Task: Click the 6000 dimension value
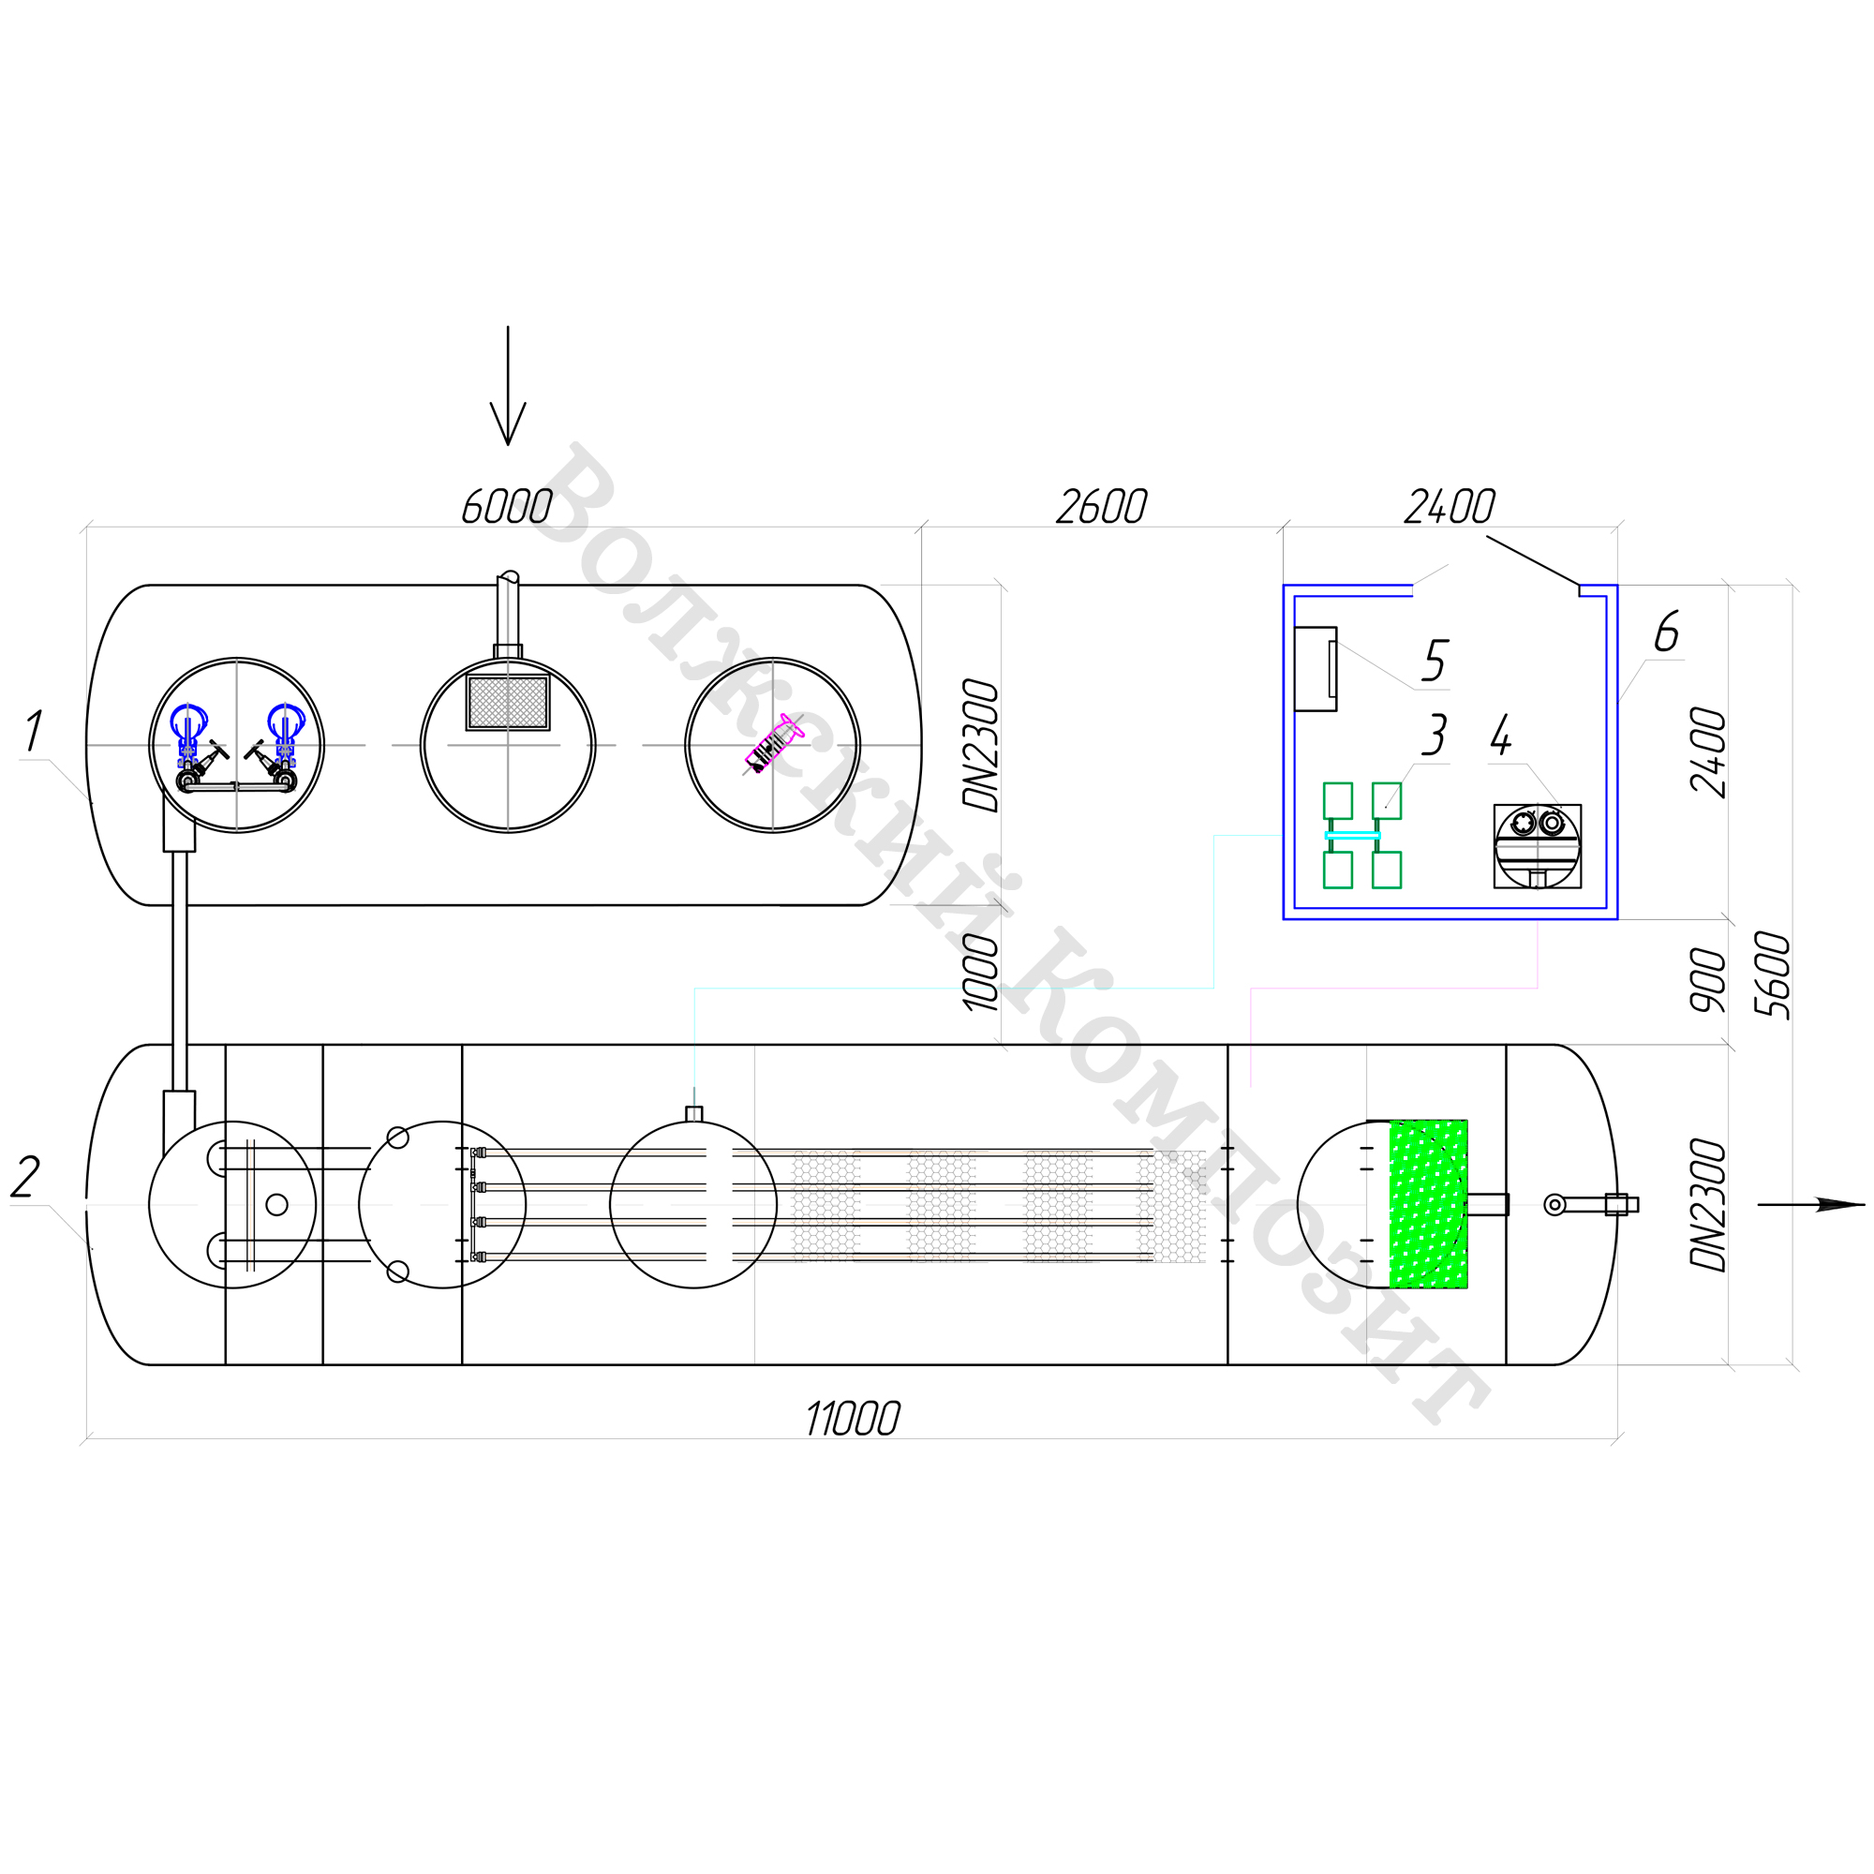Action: click(x=506, y=506)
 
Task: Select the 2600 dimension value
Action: click(x=1101, y=506)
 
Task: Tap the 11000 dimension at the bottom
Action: click(x=853, y=1419)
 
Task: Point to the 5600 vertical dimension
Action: click(x=1773, y=974)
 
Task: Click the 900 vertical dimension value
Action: click(x=1709, y=980)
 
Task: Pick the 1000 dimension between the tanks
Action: click(x=982, y=972)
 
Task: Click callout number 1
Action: click(x=34, y=731)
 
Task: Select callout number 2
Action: click(x=25, y=1178)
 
